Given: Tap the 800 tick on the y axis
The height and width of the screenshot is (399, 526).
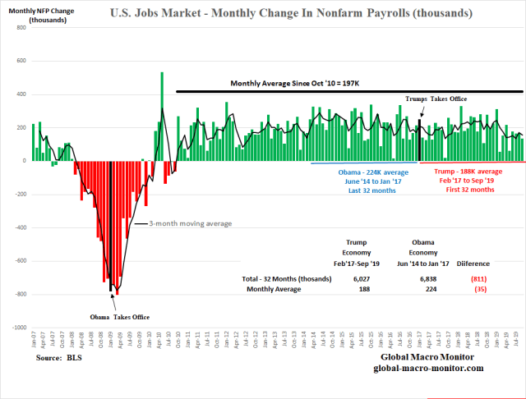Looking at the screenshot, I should click(21, 28).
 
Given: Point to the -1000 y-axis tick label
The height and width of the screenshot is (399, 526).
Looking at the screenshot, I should click(18, 328).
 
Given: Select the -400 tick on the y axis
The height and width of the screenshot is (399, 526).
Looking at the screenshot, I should click(20, 227).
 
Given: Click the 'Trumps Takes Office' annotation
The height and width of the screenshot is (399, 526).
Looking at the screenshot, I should click(436, 99).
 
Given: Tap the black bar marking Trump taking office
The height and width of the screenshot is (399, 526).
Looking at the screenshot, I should click(419, 140).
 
